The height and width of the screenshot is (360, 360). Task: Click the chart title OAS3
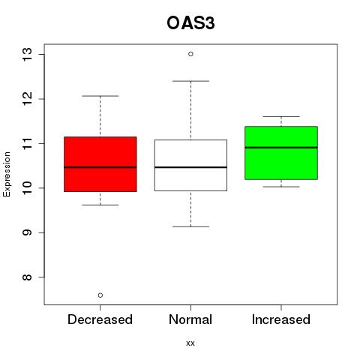click(x=190, y=23)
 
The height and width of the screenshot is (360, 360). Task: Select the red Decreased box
click(x=100, y=164)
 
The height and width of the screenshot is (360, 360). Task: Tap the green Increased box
click(x=281, y=153)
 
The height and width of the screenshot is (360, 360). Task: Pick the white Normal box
click(x=190, y=165)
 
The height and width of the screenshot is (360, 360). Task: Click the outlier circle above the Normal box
click(x=190, y=54)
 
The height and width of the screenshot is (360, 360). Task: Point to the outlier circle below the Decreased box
click(x=100, y=295)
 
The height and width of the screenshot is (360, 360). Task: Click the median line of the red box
click(x=100, y=167)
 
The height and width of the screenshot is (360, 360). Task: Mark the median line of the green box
click(x=281, y=148)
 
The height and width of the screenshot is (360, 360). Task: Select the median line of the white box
click(x=190, y=167)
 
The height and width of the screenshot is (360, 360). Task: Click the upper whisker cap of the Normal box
click(x=190, y=81)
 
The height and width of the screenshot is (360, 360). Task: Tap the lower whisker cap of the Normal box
click(x=190, y=226)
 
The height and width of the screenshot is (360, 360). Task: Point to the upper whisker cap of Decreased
click(x=100, y=96)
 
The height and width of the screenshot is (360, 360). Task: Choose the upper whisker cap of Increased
click(x=281, y=116)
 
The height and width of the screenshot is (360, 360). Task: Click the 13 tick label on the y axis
click(x=28, y=54)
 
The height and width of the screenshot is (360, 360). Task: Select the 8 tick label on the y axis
click(x=28, y=277)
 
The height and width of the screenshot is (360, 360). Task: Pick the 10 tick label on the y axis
click(x=28, y=188)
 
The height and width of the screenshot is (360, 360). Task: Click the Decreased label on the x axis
click(x=100, y=319)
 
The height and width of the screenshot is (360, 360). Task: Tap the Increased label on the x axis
click(x=281, y=319)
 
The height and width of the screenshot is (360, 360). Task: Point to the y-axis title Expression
click(x=7, y=174)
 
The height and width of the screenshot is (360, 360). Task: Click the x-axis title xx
click(x=190, y=343)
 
